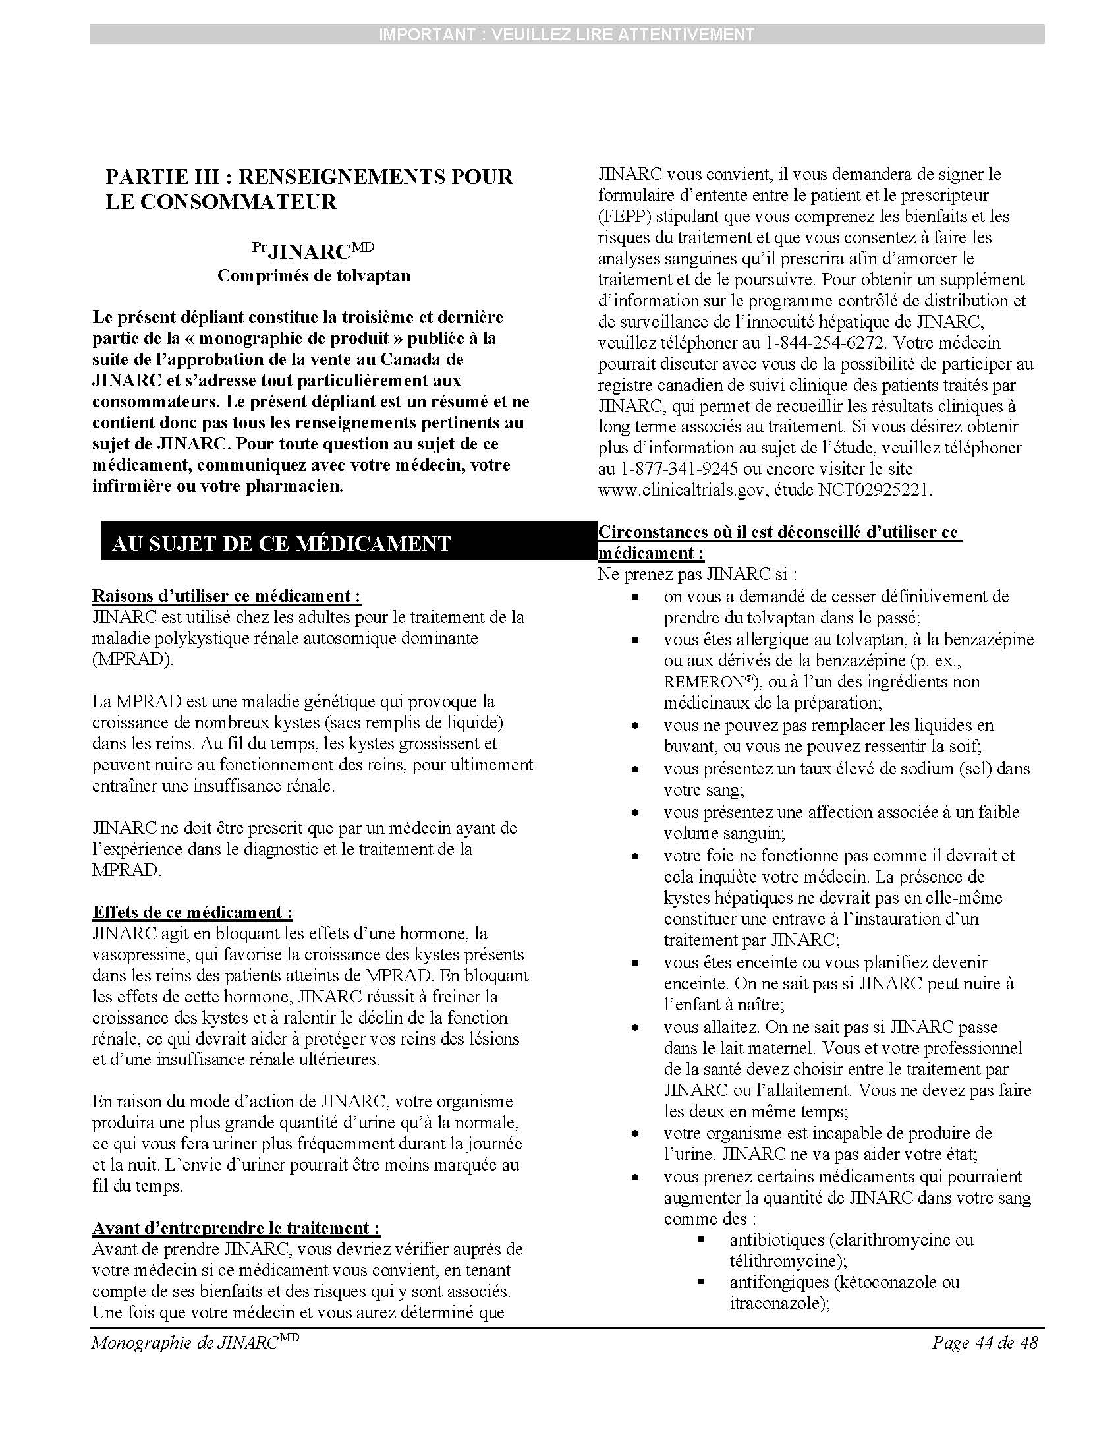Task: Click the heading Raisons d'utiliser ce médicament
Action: (x=226, y=596)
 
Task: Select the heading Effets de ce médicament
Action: (x=192, y=912)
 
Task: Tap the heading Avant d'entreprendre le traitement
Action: (x=237, y=1228)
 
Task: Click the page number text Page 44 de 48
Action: (x=984, y=1343)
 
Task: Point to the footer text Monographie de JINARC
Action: (x=195, y=1343)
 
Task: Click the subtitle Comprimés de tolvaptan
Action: (x=314, y=275)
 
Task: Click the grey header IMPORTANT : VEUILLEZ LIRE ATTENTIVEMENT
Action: (x=567, y=34)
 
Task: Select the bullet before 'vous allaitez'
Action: (x=636, y=1028)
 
